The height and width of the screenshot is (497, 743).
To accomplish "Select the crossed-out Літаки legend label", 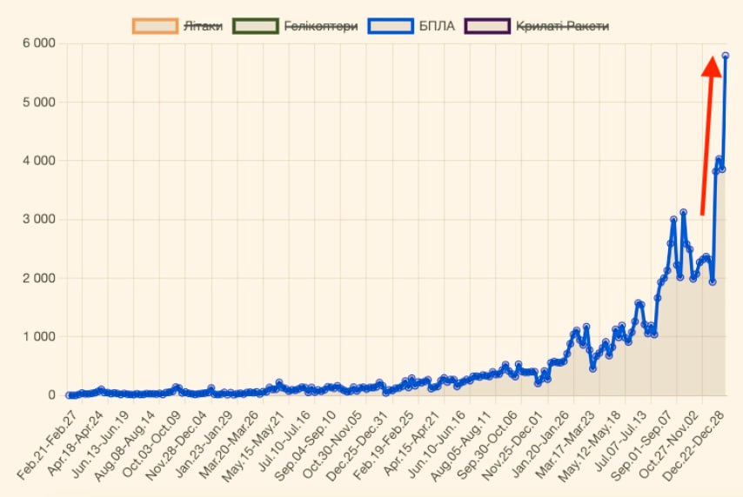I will [x=203, y=26].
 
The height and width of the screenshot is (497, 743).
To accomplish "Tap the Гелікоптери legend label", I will [x=321, y=26].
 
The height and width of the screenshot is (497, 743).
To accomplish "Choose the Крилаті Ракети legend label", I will [x=562, y=26].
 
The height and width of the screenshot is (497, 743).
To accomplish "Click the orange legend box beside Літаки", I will [x=154, y=26].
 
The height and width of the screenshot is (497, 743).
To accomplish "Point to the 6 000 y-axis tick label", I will [x=38, y=43].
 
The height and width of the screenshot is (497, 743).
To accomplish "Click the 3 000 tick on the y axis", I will [x=38, y=219].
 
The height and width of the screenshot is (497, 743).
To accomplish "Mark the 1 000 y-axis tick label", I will [x=38, y=336].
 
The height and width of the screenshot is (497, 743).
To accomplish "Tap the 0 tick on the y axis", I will [x=50, y=395].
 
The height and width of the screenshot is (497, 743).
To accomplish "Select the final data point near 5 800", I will [x=726, y=56].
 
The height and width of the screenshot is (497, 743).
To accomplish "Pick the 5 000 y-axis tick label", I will [x=38, y=102].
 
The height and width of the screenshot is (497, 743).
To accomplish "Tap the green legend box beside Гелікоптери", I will [x=255, y=26].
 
